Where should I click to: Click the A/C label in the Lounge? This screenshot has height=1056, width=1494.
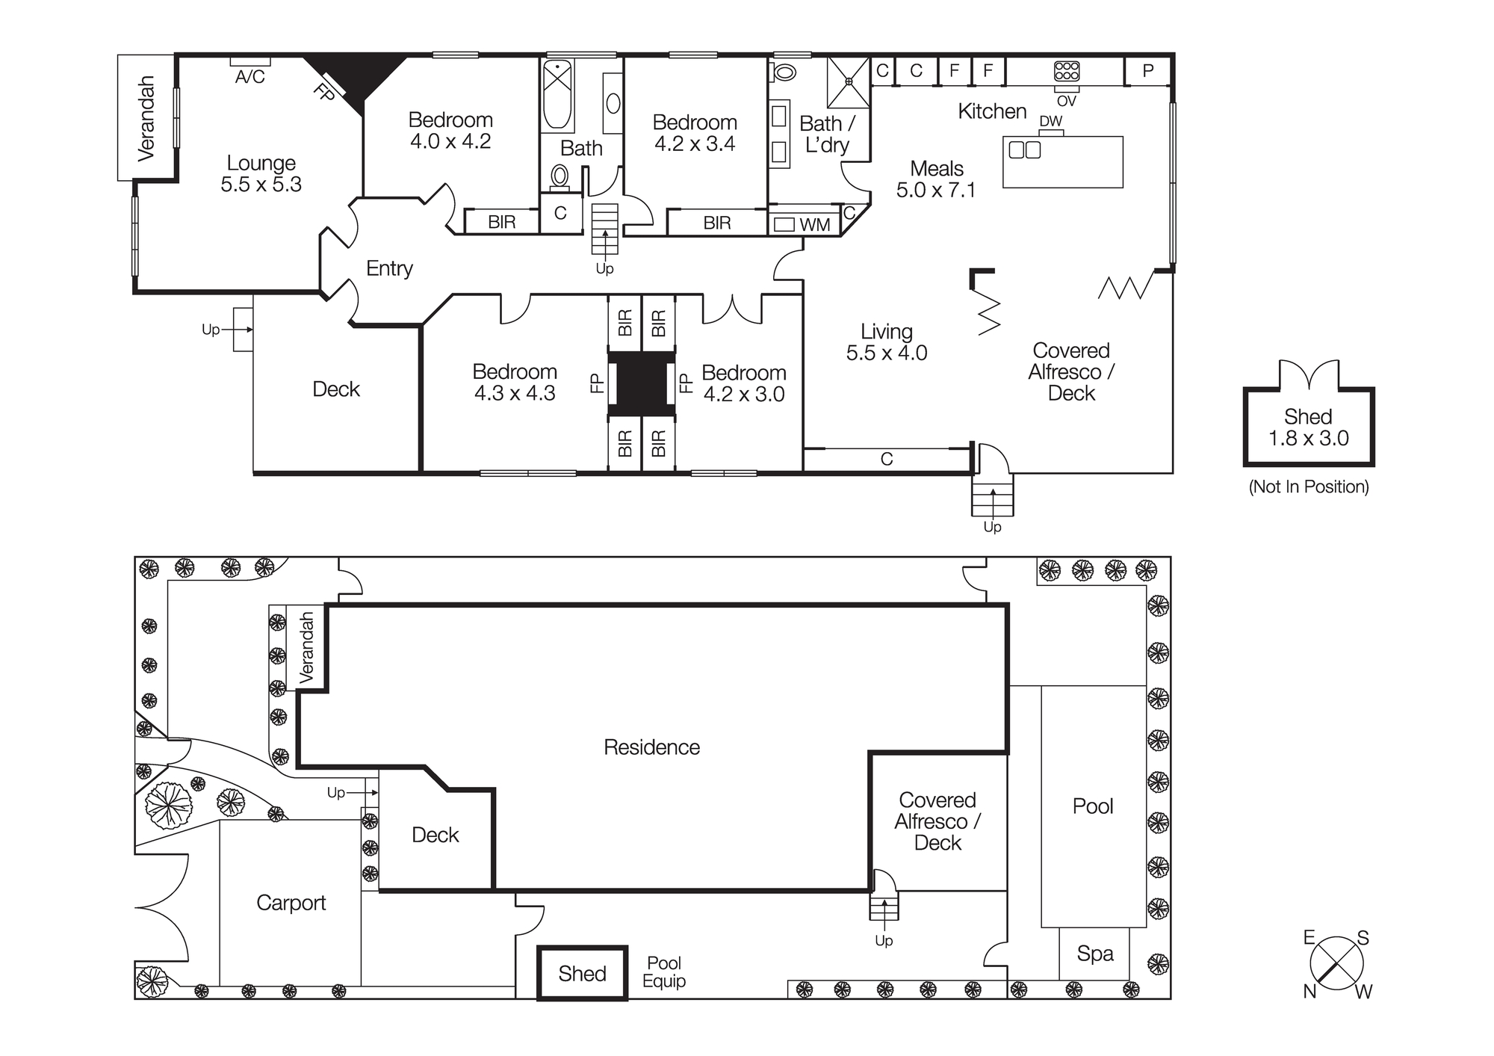coord(249,77)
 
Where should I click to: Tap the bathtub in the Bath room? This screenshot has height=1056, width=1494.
coord(558,96)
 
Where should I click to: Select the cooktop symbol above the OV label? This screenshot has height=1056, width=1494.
coord(1066,72)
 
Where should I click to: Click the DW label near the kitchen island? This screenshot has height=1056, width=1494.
coord(1050,121)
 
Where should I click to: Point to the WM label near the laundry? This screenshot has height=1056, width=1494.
coord(814,224)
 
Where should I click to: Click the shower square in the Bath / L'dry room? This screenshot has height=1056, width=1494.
coord(849,82)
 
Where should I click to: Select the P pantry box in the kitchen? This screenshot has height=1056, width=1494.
coord(1148,71)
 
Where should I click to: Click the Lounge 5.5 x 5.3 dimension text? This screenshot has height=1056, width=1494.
coord(261,185)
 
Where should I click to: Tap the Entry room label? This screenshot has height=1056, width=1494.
coord(389,268)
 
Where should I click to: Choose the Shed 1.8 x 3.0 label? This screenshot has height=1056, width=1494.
coord(1308,427)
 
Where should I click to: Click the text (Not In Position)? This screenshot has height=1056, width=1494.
coord(1309,487)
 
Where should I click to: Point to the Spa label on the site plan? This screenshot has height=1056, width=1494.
coord(1095,953)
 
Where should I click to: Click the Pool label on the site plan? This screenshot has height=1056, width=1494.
coord(1093,806)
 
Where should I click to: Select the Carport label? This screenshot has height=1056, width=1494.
coord(291,903)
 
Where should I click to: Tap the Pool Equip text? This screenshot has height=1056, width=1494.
coord(664,972)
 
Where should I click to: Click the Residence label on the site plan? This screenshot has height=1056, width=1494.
coord(651,747)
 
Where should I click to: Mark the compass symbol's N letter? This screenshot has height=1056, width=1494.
coord(1309,991)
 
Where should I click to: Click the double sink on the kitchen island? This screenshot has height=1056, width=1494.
coord(1024,150)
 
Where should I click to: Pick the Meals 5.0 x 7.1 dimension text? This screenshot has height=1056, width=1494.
coord(936,190)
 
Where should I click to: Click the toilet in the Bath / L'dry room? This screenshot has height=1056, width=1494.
coord(785,72)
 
